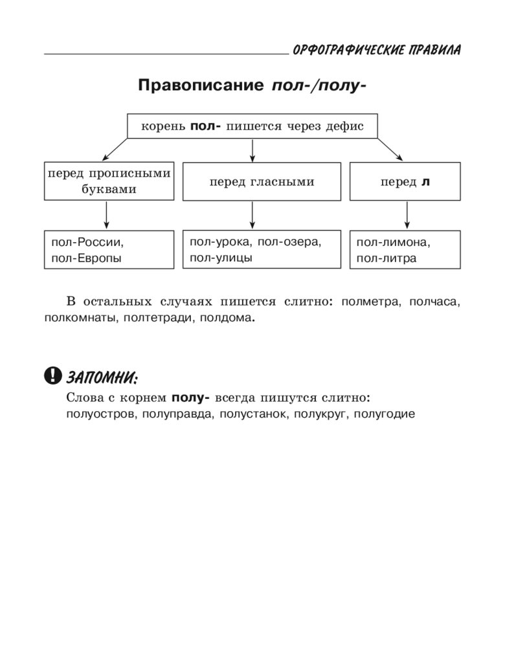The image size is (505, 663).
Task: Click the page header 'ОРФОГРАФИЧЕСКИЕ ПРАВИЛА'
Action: pos(377,51)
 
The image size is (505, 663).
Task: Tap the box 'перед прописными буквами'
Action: pos(109,181)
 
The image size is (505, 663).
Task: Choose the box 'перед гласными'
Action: pos(262,182)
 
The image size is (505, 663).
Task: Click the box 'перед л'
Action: pos(405,182)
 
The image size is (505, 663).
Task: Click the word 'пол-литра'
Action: pos(386,258)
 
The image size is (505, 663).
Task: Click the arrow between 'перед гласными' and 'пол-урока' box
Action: pos(252,214)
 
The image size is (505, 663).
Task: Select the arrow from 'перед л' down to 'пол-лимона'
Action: pos(407,215)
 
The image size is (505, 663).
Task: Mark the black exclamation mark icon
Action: pos(52,375)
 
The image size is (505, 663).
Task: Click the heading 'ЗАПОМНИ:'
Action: pos(102,376)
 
